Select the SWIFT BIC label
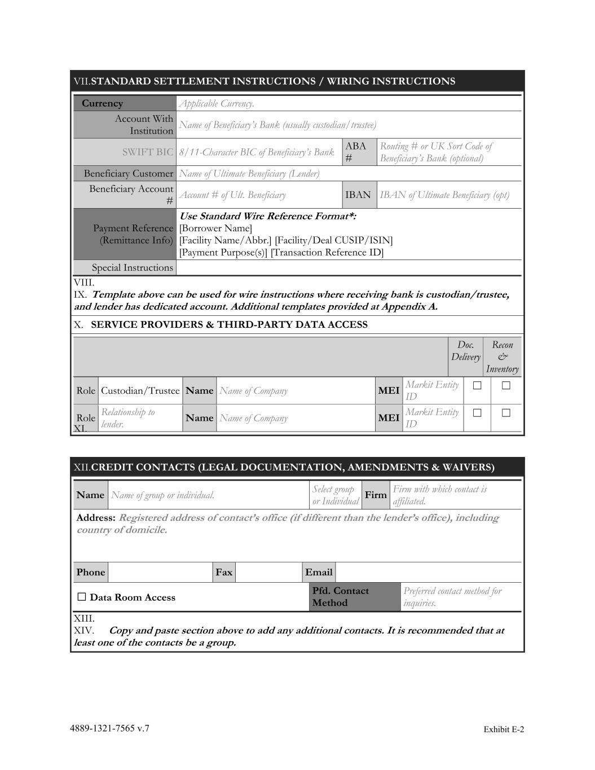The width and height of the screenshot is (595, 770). point(148,152)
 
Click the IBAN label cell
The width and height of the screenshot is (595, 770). point(358,195)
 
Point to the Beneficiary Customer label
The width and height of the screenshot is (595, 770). point(128,174)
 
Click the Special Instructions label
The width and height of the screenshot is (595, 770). point(132,268)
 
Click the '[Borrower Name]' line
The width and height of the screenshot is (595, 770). point(215,228)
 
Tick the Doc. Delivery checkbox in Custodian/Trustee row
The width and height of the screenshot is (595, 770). point(477,386)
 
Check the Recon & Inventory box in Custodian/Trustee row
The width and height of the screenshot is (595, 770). point(506,386)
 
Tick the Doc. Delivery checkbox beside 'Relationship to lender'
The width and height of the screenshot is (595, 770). point(477,413)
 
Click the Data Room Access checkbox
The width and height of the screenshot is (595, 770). point(82,597)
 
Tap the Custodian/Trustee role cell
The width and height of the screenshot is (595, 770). point(140,391)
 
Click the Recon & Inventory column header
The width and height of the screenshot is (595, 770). point(502,357)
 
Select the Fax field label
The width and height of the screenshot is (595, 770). point(224,573)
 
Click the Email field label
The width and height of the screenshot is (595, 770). point(319,573)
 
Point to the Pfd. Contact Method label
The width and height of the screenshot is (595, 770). point(341,597)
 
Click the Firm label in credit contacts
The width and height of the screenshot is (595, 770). point(376,495)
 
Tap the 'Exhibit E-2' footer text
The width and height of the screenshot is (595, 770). point(503,729)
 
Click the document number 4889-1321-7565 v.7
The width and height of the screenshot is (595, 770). point(110,728)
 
